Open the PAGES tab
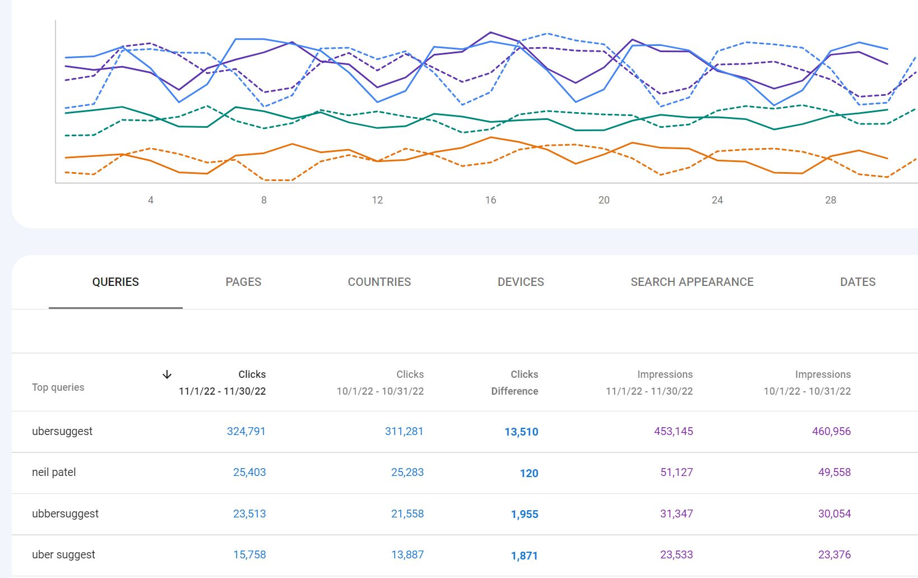click(x=243, y=282)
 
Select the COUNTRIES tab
click(x=379, y=282)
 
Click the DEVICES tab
click(x=521, y=282)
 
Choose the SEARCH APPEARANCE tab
click(x=692, y=282)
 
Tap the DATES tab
click(x=857, y=282)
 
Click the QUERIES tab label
click(x=115, y=282)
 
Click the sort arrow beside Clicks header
click(x=167, y=374)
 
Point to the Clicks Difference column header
click(x=514, y=382)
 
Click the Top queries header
click(x=58, y=387)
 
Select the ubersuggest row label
click(x=62, y=431)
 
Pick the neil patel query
click(x=54, y=472)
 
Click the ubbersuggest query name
click(x=65, y=514)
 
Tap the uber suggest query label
click(x=63, y=554)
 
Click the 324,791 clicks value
click(x=246, y=431)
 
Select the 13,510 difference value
click(x=521, y=432)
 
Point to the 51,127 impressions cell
click(x=676, y=472)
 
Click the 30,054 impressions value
click(x=834, y=514)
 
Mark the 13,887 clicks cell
click(x=407, y=554)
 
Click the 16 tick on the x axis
click(x=490, y=200)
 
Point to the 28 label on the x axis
click(x=831, y=200)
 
